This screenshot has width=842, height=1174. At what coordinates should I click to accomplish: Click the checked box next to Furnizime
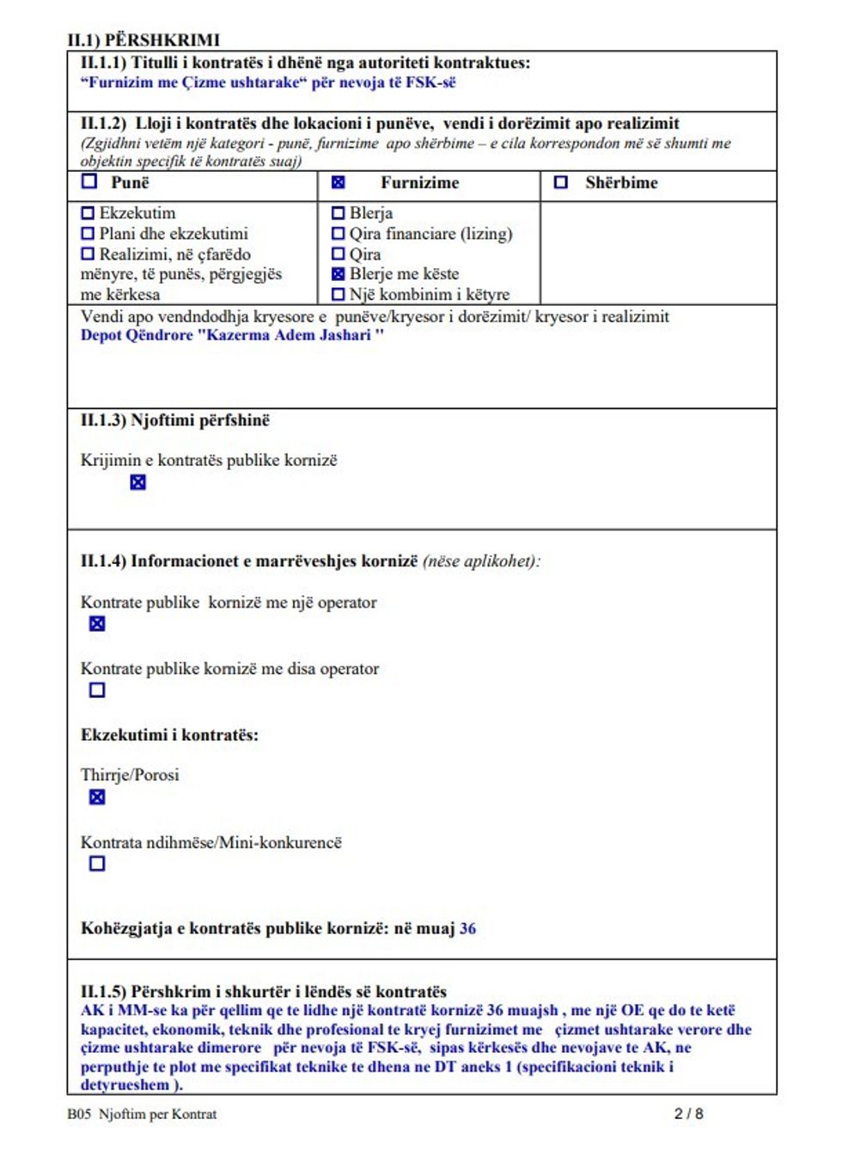338,182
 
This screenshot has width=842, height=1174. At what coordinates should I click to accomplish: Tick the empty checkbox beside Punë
89,181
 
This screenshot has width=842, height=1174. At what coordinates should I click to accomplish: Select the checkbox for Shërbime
561,182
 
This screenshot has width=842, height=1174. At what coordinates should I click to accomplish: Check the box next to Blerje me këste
338,274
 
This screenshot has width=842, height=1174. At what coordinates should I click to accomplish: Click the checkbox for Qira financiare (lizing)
338,234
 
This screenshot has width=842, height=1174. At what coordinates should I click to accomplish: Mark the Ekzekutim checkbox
88,212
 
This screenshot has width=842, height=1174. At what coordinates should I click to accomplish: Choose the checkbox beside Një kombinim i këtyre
338,295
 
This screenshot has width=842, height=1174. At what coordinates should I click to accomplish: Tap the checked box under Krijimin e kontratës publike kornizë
137,482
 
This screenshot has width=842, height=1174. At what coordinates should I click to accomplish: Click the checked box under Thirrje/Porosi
97,798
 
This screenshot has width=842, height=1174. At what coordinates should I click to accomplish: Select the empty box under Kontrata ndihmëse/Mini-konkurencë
97,864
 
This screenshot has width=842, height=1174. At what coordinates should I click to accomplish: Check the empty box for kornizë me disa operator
97,690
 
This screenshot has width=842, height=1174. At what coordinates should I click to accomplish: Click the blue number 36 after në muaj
467,928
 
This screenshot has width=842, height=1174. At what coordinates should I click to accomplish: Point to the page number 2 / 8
688,1114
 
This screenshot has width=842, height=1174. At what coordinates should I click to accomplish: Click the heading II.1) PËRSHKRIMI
143,40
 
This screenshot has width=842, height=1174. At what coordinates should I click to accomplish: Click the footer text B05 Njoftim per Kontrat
142,1114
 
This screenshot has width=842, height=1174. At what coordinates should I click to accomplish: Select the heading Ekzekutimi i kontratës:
169,735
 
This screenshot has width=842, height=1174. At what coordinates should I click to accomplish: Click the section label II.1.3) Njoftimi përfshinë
174,420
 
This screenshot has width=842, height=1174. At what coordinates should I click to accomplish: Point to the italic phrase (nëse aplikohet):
481,561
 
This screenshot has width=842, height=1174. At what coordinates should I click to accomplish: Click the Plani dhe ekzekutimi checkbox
88,234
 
